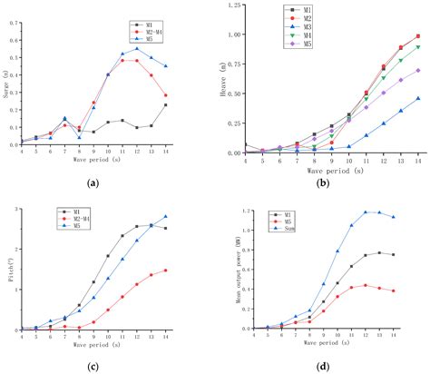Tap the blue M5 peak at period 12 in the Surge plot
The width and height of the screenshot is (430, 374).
tap(137, 48)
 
